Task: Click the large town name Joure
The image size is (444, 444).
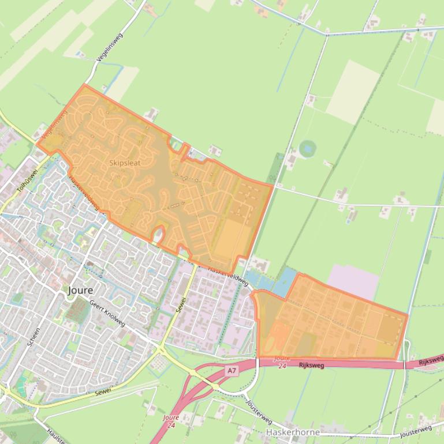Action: (80, 290)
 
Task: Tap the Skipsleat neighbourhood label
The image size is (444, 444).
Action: (125, 163)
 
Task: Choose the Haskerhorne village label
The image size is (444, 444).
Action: (293, 432)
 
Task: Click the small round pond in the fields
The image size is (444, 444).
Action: (307, 148)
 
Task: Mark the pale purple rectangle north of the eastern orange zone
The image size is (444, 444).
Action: (353, 281)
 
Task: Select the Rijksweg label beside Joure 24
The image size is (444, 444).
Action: (312, 365)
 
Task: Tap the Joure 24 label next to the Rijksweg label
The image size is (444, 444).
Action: (281, 362)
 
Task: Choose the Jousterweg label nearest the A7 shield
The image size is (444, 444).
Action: (258, 410)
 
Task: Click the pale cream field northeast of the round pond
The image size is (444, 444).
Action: (353, 92)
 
